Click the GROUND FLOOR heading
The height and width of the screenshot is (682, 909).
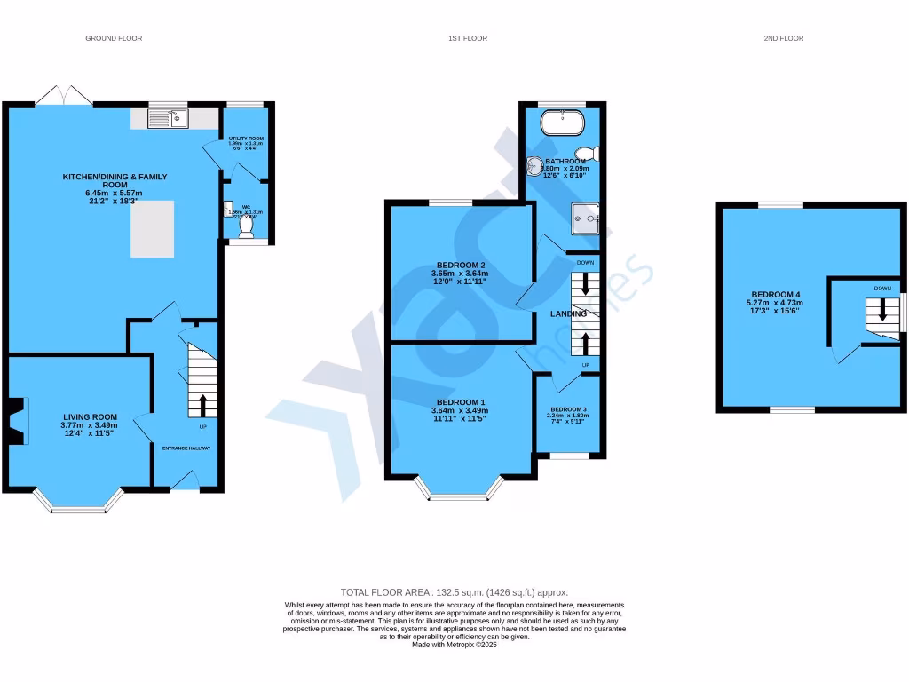point(114,38)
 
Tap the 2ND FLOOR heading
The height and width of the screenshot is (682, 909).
point(783,38)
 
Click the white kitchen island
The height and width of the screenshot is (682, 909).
point(153,228)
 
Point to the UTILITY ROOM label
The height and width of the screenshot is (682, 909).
point(246,139)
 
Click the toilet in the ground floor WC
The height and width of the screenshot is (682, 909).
point(246,227)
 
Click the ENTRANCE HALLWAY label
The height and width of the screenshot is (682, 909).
point(186,448)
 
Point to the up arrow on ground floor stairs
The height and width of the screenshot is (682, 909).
point(203,406)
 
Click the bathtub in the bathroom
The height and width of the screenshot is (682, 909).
point(561,121)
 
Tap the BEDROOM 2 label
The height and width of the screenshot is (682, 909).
point(460,266)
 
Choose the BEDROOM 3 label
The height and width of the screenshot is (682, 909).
point(568,408)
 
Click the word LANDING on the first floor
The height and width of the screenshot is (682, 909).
point(568,314)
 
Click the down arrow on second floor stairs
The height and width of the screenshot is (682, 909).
point(882,310)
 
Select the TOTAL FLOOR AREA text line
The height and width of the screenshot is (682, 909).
point(454,592)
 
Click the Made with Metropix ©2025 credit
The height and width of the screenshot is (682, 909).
point(454,645)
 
